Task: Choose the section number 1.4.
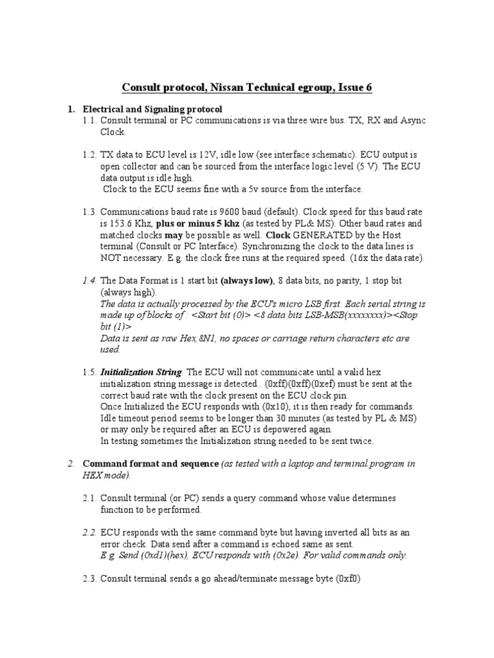point(91,281)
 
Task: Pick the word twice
point(357,441)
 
